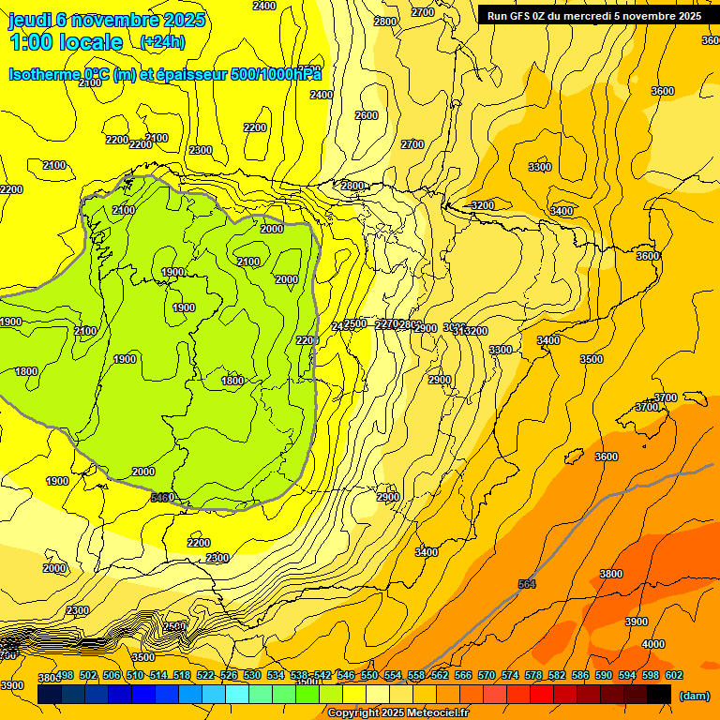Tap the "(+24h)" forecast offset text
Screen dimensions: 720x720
pos(162,42)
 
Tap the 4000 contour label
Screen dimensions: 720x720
pos(653,644)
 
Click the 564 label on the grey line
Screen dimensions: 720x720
pos(528,584)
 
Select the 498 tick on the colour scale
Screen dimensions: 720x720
pos(65,675)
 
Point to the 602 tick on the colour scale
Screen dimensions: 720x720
pos(674,675)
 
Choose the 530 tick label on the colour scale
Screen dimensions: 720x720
pos(252,675)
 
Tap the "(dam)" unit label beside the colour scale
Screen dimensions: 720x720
pos(695,695)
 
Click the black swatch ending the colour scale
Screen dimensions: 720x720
pos(659,695)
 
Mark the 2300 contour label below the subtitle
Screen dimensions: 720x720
pos(200,150)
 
